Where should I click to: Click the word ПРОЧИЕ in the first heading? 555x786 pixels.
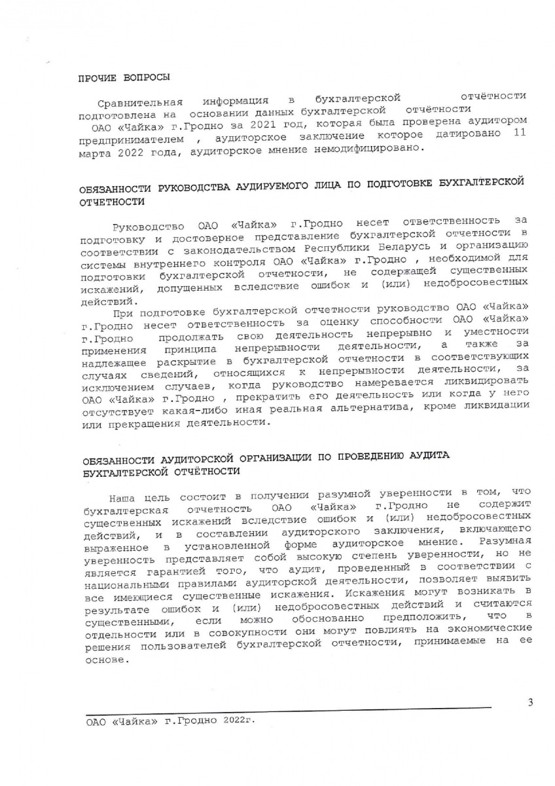(96, 78)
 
